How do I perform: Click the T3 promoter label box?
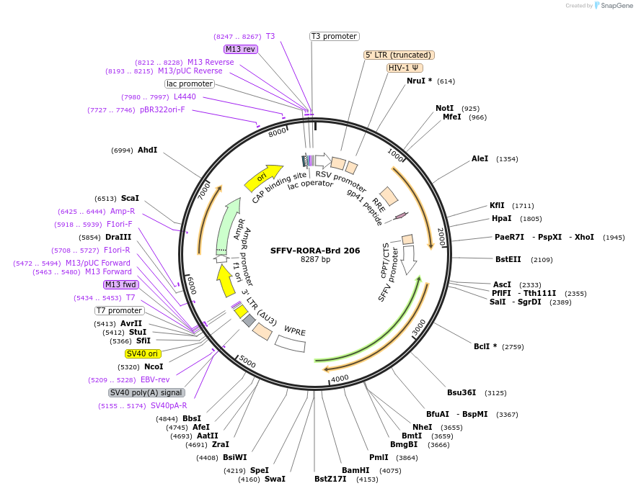pyautogui.click(x=335, y=36)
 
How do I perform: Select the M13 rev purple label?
pyautogui.click(x=241, y=49)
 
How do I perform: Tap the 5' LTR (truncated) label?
pyautogui.click(x=399, y=55)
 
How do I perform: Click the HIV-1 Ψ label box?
pyautogui.click(x=404, y=68)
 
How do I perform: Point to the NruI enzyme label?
pyautogui.click(x=419, y=81)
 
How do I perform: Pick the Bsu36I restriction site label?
pyautogui.click(x=461, y=392)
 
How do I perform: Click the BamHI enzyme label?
pyautogui.click(x=355, y=470)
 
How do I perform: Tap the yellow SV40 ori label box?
pyautogui.click(x=143, y=353)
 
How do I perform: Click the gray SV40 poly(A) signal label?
pyautogui.click(x=146, y=392)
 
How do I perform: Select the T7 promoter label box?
pyautogui.click(x=120, y=310)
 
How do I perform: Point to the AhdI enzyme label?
pyautogui.click(x=147, y=150)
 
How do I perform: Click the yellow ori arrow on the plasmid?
pyautogui.click(x=262, y=176)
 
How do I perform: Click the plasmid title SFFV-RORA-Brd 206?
pyautogui.click(x=315, y=251)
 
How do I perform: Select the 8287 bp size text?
pyautogui.click(x=315, y=259)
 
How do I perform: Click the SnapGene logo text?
pyautogui.click(x=617, y=5)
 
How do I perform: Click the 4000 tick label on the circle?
pyautogui.click(x=340, y=377)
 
